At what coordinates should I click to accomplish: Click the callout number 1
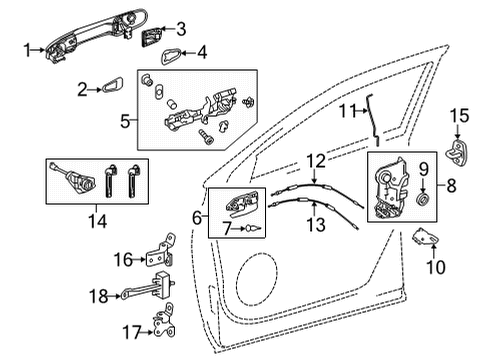click(x=28, y=47)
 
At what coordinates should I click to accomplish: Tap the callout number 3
click(x=180, y=29)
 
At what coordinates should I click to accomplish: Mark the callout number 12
click(x=315, y=160)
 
